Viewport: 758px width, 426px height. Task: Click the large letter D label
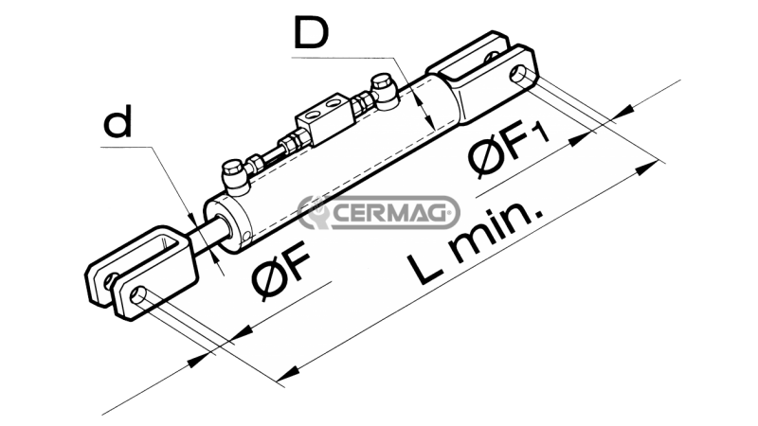(x=312, y=33)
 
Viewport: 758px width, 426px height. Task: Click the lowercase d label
(x=117, y=123)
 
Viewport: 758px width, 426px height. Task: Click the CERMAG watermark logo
(x=378, y=212)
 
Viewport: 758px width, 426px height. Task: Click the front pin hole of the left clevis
(x=139, y=293)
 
